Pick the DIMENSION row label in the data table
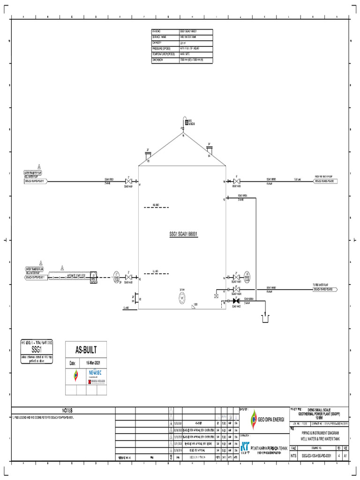pos(157,60)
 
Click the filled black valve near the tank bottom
pos(236,300)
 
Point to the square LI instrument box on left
pos(94,277)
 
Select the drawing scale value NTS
pos(293,455)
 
